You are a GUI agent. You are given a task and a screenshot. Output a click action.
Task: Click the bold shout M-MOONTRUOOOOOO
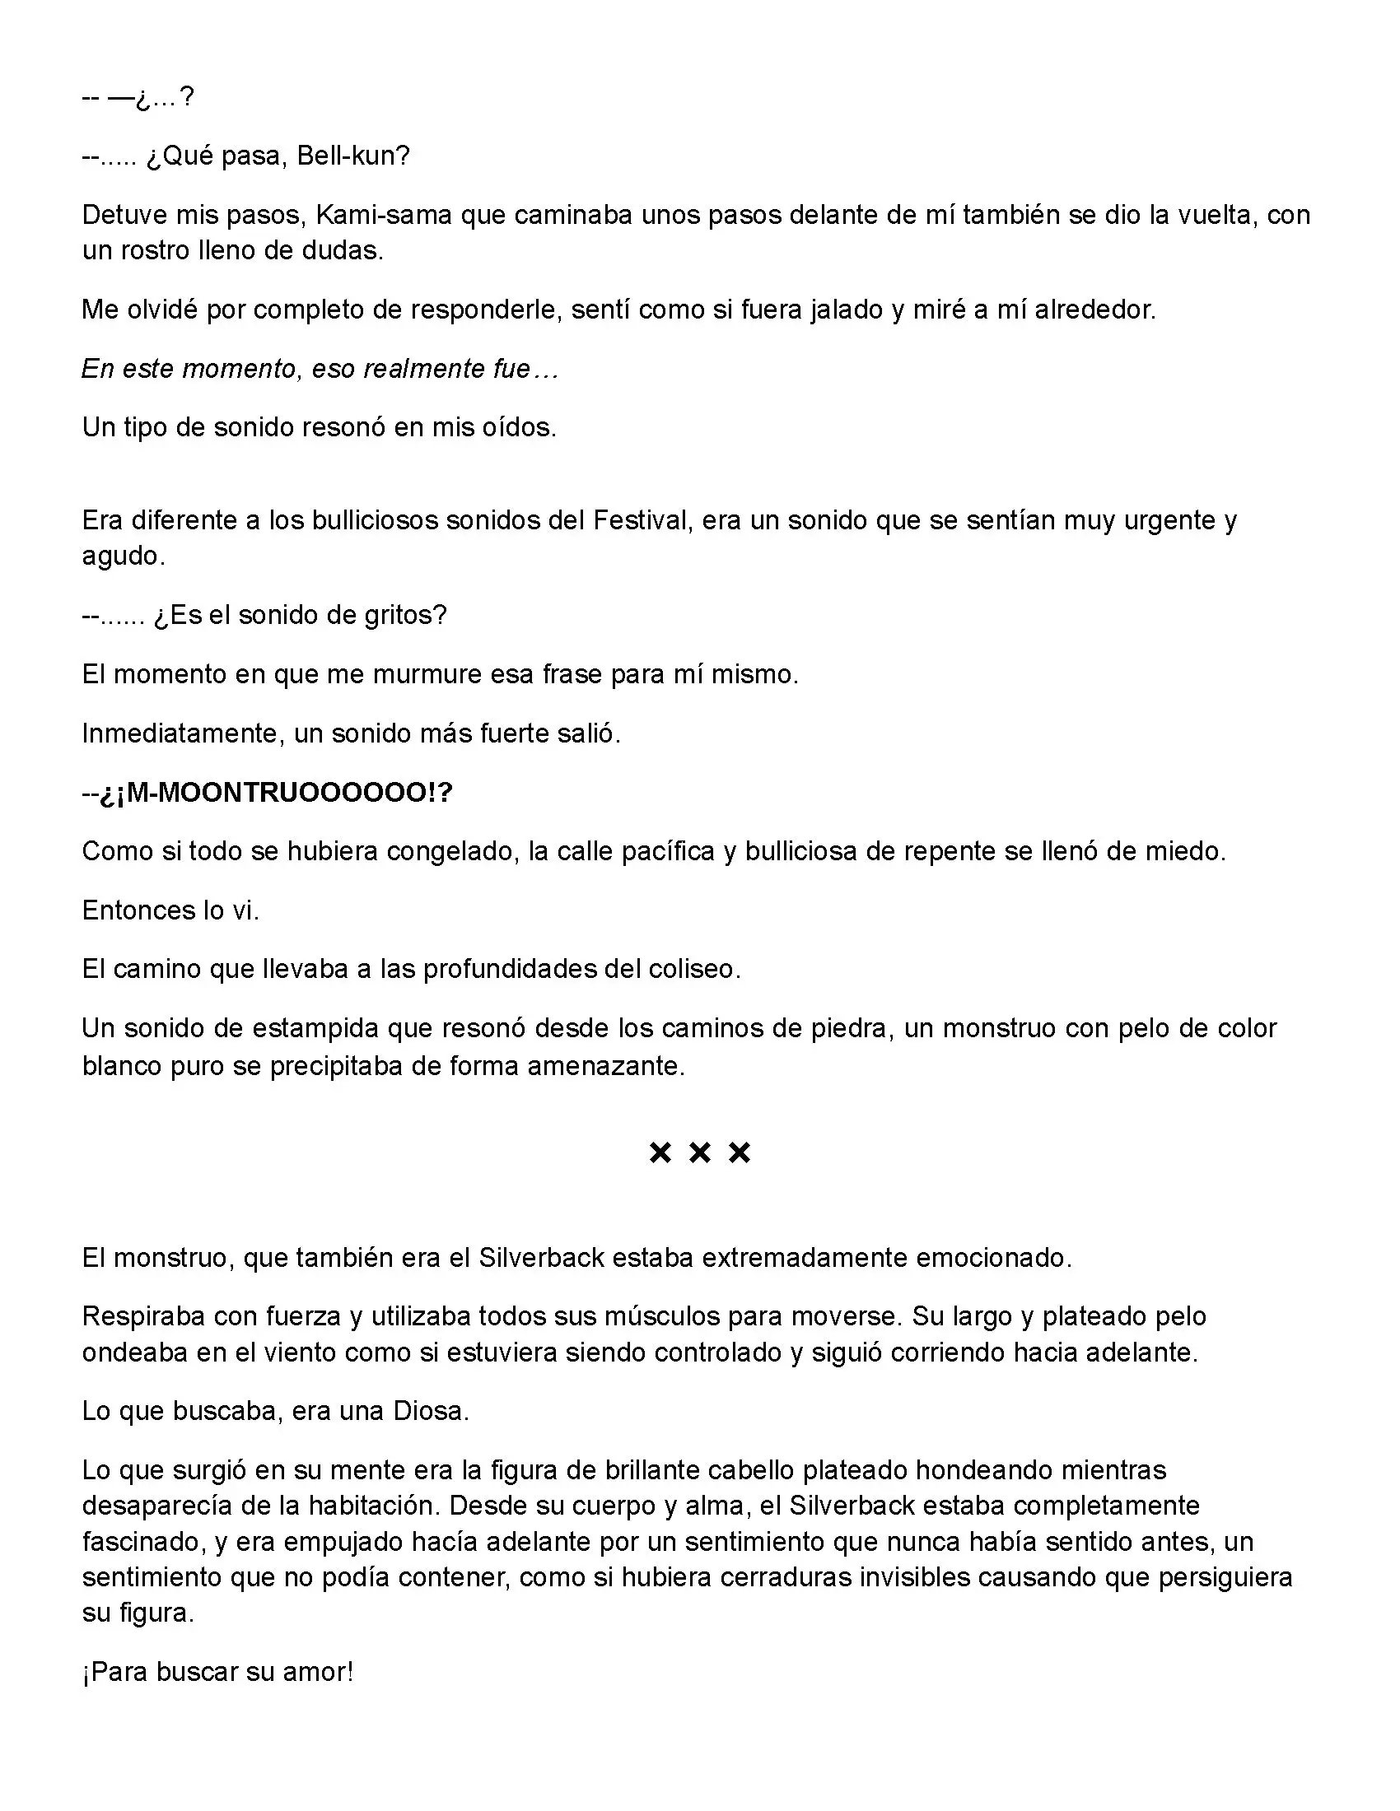click(278, 793)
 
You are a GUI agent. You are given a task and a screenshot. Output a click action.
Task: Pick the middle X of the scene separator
click(700, 1152)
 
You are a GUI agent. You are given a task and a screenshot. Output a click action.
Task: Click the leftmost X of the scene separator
click(660, 1152)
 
